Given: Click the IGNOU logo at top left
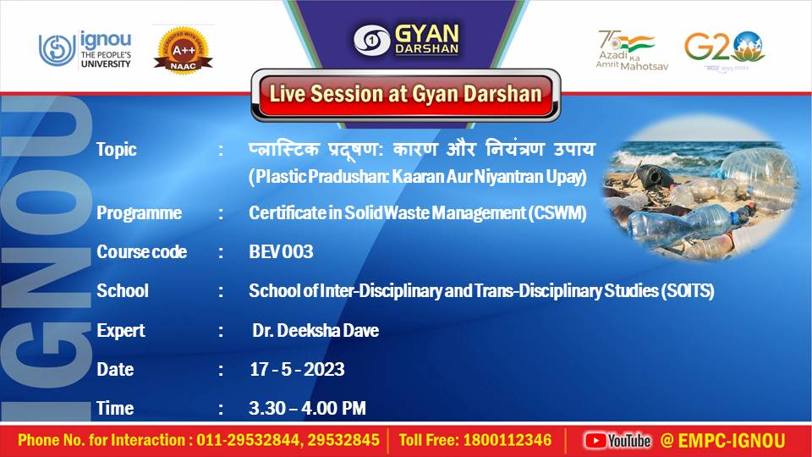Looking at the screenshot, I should [x=85, y=50].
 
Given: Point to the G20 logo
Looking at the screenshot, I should [x=724, y=49].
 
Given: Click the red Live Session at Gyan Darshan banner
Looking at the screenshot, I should [x=405, y=93].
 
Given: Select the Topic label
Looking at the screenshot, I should [x=116, y=150].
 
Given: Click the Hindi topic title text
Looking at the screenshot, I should [x=421, y=150].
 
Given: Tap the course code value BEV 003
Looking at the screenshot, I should [x=281, y=252].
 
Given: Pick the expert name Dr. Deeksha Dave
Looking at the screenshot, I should [x=315, y=331].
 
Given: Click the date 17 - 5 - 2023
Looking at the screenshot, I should [x=297, y=370].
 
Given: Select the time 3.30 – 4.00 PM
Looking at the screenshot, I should [x=307, y=409].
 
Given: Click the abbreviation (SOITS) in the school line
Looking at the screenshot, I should [x=687, y=291].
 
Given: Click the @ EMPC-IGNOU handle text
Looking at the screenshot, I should [x=722, y=440].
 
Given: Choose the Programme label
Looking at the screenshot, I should [x=139, y=213].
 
